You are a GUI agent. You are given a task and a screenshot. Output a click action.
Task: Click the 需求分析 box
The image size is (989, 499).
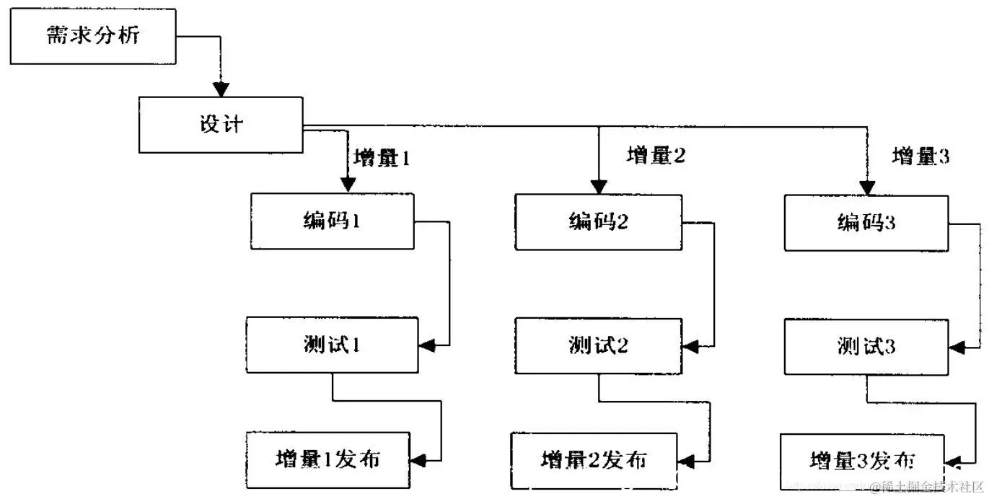coord(93,36)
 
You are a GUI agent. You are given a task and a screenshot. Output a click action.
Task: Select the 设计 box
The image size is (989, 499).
coord(221,125)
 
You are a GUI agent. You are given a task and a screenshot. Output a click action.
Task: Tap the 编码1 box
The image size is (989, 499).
coord(332,221)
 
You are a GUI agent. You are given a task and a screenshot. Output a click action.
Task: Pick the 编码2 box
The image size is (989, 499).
coord(598,222)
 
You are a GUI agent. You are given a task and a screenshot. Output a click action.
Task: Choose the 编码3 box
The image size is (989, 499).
coord(866,223)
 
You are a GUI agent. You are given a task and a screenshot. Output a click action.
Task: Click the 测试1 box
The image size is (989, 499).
coord(332,345)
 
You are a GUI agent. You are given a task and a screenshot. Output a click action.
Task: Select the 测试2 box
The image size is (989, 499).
coord(598,346)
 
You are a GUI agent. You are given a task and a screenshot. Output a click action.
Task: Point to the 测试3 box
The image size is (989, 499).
coord(866,347)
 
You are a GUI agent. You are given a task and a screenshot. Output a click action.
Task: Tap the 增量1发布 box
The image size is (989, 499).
coord(328,459)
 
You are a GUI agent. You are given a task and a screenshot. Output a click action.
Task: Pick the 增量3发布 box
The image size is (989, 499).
coord(863,461)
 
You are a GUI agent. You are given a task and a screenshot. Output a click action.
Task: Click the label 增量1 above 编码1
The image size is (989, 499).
coord(382,158)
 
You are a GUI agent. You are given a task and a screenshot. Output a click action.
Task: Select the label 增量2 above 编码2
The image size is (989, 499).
coord(655,155)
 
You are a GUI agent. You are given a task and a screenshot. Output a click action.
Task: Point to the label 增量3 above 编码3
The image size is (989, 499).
coord(921,156)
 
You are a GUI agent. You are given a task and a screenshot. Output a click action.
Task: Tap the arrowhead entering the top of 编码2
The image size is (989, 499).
coord(598,187)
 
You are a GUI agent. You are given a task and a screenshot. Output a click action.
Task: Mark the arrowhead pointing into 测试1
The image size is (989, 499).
coord(427,345)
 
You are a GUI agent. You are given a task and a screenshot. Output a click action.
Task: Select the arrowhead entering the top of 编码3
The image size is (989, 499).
coord(867,187)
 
